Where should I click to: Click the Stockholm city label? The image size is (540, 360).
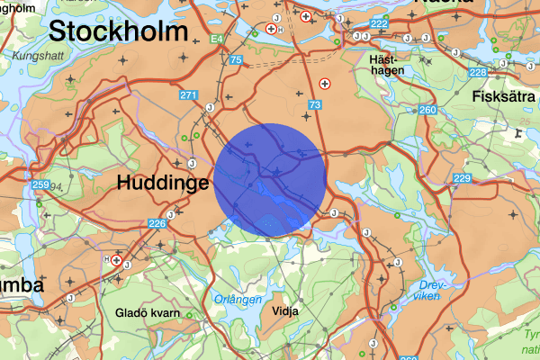tap(118, 31)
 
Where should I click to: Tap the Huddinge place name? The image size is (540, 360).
tap(163, 183)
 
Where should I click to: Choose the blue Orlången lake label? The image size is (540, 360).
tap(238, 299)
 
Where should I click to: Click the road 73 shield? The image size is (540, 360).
tap(314, 106)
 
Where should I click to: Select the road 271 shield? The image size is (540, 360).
tap(188, 95)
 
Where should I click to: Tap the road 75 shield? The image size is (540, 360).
tap(236, 60)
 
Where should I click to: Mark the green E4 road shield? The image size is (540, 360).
tap(218, 39)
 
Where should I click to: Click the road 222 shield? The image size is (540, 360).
tap(379, 23)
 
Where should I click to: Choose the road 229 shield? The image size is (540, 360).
tap(462, 179)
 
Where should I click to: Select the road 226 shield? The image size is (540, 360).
tap(157, 223)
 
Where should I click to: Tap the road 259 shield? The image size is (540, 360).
tap(40, 185)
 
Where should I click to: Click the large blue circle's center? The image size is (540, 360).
tap(270, 180)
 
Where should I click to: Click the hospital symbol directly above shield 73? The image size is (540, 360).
tap(326, 83)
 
